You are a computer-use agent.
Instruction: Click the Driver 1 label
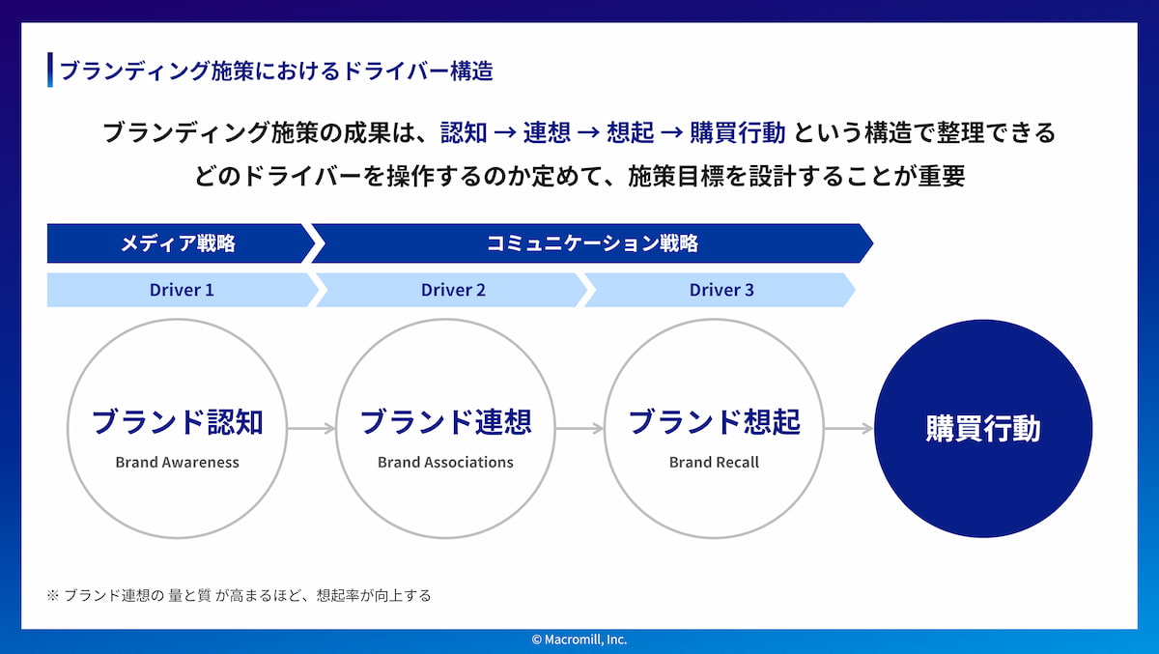tap(182, 290)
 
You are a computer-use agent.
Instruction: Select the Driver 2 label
tap(453, 290)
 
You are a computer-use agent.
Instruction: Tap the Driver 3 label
tap(721, 290)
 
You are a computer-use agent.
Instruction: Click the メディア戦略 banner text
tap(178, 243)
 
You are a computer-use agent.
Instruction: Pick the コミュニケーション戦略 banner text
tap(592, 243)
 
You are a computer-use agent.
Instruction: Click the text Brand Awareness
tap(177, 462)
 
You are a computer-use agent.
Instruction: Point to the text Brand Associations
tap(445, 462)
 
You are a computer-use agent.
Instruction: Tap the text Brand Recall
tap(714, 462)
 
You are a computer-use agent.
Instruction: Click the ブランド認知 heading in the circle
tap(177, 422)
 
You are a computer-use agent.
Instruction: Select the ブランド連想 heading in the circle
tap(445, 422)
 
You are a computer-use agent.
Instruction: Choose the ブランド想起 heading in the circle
tap(714, 422)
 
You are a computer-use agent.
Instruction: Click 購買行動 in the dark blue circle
tap(983, 428)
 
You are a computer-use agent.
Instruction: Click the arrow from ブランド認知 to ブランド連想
tap(311, 428)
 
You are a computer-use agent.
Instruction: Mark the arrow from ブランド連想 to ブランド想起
tap(580, 428)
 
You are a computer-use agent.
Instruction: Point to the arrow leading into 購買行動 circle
tap(849, 428)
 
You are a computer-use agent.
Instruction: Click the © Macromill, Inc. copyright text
tap(579, 640)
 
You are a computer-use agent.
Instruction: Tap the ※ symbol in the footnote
tap(53, 595)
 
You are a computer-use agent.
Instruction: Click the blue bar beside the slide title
tap(50, 70)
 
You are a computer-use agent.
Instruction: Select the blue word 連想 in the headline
tap(547, 132)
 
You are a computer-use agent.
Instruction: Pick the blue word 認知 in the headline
tap(464, 132)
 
